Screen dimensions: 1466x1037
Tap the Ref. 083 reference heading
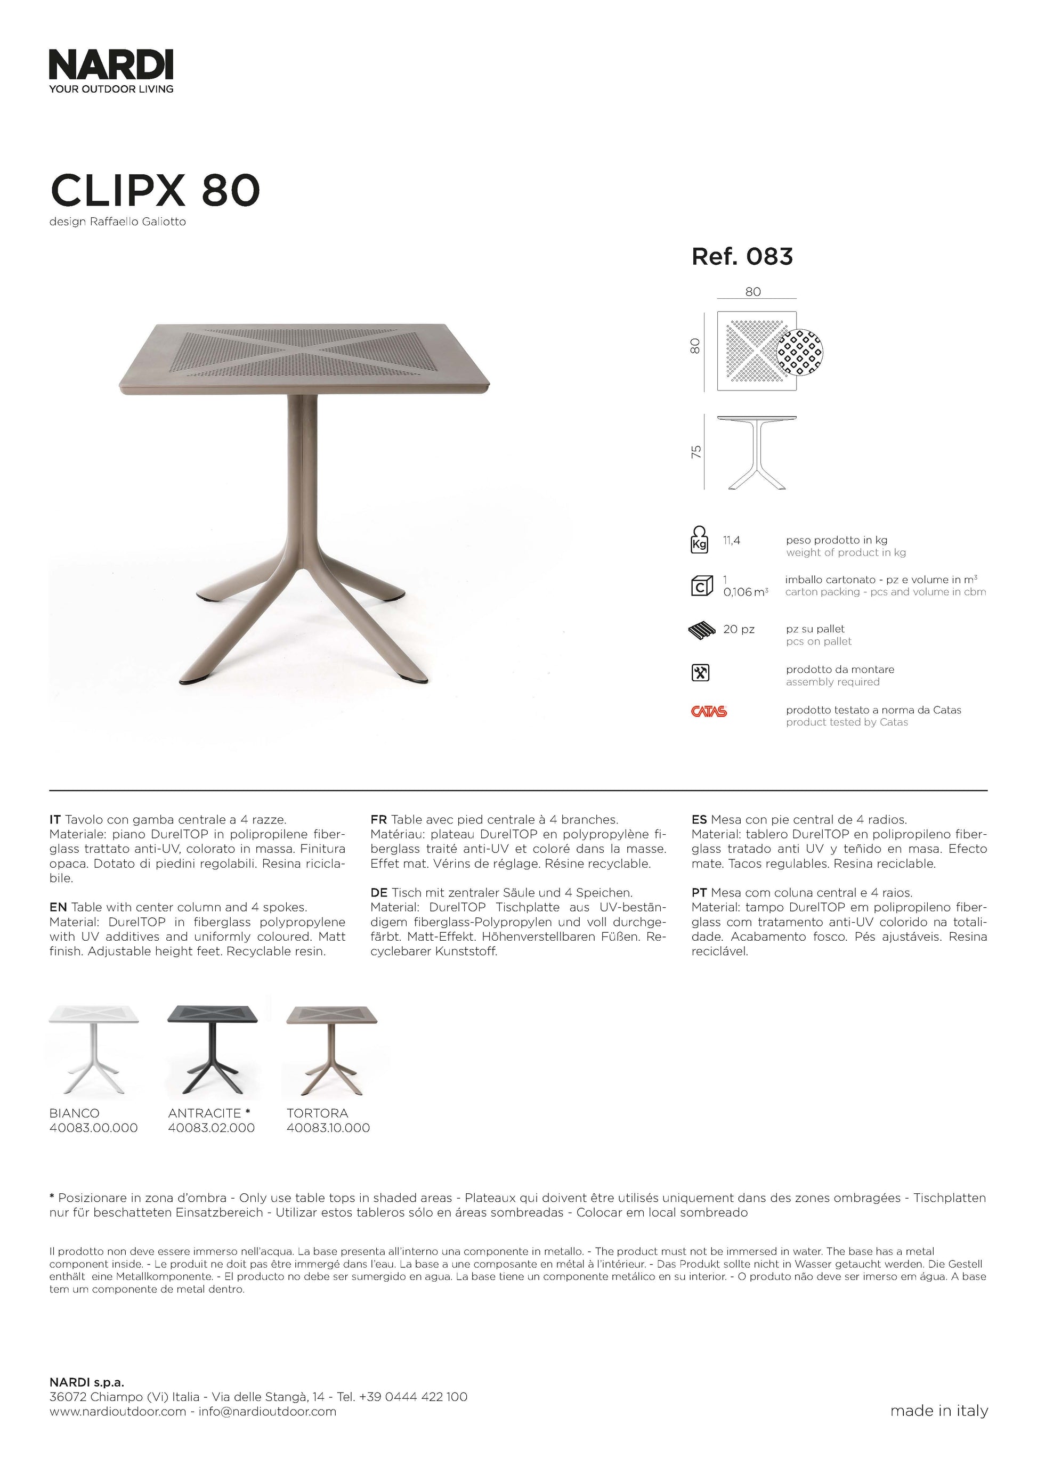point(742,257)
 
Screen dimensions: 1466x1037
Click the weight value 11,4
point(732,540)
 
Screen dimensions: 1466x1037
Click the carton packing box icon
point(702,586)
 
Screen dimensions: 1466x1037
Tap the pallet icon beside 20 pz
point(703,630)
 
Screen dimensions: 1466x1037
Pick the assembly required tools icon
point(701,673)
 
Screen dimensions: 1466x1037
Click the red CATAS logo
point(709,711)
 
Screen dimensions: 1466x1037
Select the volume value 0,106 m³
point(745,592)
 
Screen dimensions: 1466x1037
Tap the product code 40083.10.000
point(328,1128)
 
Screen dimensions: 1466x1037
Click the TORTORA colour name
point(318,1113)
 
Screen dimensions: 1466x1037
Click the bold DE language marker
point(379,893)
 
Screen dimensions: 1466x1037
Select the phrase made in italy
point(938,1411)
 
